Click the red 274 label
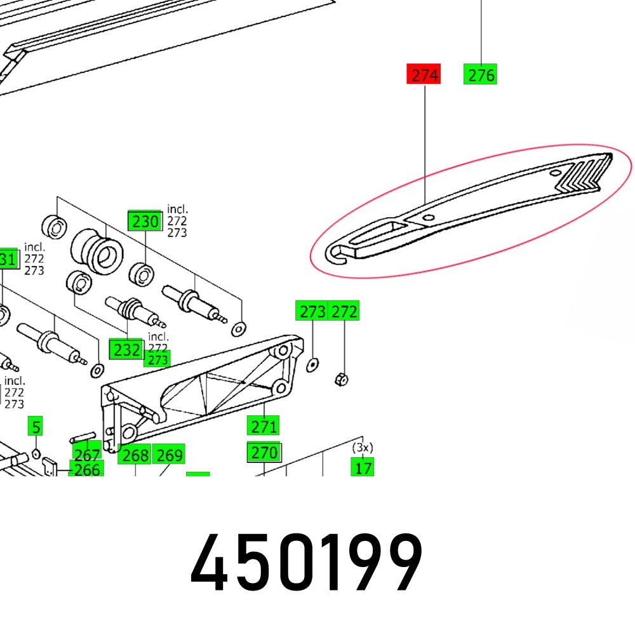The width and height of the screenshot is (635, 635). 424,75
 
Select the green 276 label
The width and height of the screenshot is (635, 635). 480,75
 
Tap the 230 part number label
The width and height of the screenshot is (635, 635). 145,222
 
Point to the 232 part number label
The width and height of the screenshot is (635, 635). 126,349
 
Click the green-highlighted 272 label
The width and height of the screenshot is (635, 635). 345,312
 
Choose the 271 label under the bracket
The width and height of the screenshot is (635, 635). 264,426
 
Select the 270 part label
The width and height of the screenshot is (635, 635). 264,453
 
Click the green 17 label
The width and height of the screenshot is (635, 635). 363,469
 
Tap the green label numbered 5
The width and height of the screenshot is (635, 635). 36,426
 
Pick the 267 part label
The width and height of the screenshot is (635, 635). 86,455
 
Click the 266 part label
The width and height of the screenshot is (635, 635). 86,470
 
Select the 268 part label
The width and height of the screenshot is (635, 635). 135,455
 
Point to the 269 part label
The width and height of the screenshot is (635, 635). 169,455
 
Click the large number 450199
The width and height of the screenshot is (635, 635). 306,564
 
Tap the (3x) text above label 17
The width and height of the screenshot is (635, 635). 363,447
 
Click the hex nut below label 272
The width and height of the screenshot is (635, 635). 340,380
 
